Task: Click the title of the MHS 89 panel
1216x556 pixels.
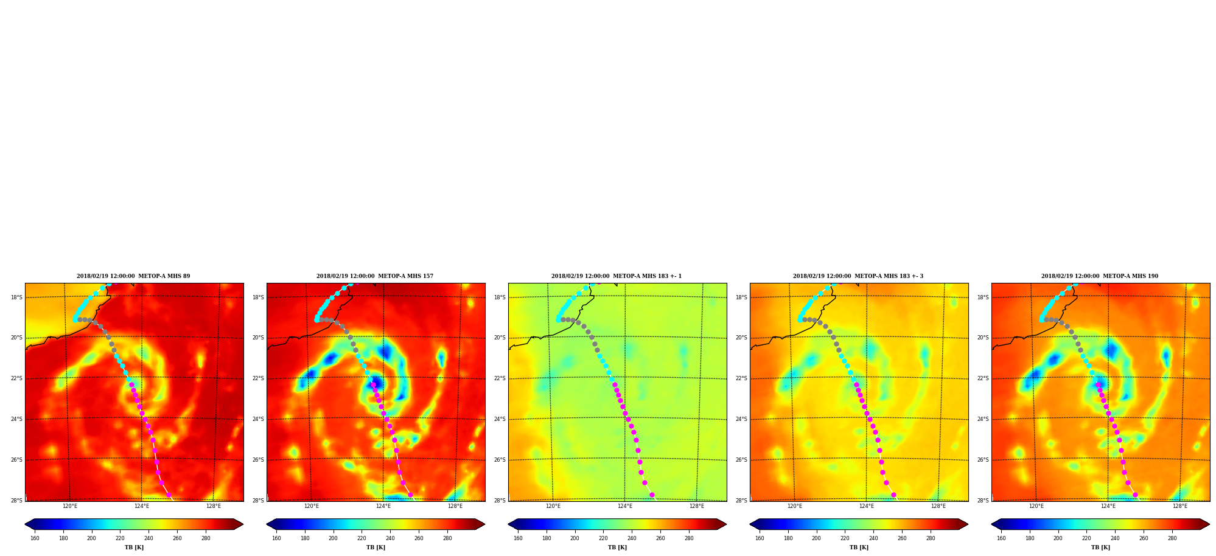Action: tap(133, 276)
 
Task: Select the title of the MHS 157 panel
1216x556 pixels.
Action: tap(375, 276)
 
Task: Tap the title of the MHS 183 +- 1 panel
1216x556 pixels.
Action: tap(617, 276)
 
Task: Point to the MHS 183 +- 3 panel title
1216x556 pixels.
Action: tap(858, 276)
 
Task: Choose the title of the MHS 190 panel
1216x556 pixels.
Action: tap(1100, 276)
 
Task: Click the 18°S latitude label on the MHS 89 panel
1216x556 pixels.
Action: tap(16, 297)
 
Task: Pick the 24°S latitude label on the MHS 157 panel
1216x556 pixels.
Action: tap(258, 419)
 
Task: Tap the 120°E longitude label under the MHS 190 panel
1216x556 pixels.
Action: tap(1036, 506)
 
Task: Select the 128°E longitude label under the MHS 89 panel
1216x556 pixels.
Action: tap(214, 506)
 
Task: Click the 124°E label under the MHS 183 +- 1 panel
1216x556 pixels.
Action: tap(625, 506)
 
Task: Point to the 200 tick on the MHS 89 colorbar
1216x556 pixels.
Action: tap(91, 538)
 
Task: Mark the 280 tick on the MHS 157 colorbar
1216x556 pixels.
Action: tap(447, 538)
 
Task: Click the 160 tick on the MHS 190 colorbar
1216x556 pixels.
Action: tap(1001, 538)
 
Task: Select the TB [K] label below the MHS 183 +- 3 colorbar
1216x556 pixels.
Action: tap(859, 547)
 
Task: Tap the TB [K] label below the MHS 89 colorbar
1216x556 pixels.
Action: tap(134, 547)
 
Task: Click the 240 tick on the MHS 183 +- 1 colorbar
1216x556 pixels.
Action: tap(632, 538)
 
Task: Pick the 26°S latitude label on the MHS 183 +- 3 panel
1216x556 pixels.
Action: tap(741, 460)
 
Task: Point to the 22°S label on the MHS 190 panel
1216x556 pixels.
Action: tap(983, 378)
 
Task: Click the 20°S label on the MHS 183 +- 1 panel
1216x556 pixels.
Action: tap(500, 338)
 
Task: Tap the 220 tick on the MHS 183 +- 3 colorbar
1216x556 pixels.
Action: tap(845, 538)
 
